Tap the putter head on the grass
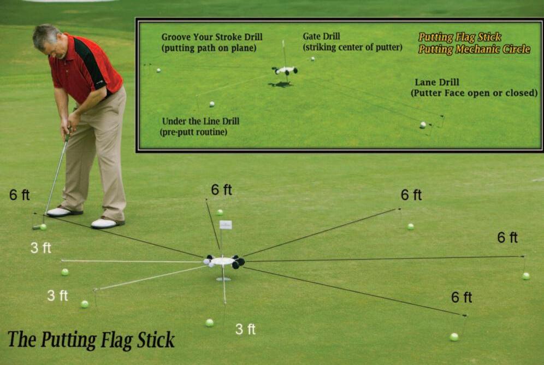(x=37, y=226)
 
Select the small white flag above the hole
(x=226, y=225)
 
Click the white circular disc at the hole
(x=223, y=261)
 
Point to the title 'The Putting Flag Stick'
(x=91, y=339)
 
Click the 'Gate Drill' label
(x=322, y=36)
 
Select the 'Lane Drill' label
(x=434, y=83)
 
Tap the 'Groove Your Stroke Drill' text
(x=212, y=37)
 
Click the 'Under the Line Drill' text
(x=200, y=121)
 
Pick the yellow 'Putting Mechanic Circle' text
(x=474, y=49)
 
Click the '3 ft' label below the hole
(x=245, y=329)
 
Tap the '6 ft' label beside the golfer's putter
(x=19, y=195)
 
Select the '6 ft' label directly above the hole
(x=221, y=190)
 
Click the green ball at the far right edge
(x=525, y=276)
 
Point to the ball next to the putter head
(x=43, y=226)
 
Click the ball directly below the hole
(x=209, y=322)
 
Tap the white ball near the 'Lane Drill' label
(x=423, y=125)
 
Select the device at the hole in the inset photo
(x=285, y=70)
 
